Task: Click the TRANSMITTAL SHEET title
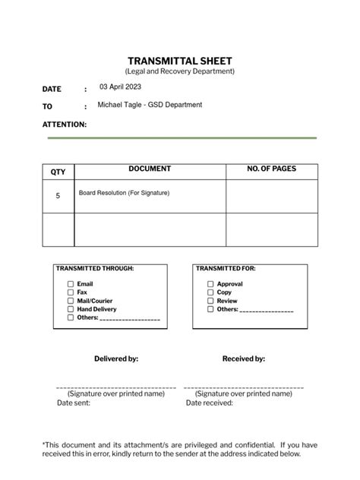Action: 180,61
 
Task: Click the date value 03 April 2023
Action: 120,87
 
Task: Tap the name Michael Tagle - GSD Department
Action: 150,105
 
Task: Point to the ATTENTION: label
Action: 65,124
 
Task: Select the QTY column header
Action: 58,172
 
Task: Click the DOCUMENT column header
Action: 150,169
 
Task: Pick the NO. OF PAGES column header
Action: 272,169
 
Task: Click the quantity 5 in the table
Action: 58,196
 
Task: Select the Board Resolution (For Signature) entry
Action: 124,193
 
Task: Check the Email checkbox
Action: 71,284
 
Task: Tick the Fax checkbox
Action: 71,292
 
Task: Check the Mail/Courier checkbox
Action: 71,301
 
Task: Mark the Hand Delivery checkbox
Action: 71,309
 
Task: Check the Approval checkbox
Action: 210,284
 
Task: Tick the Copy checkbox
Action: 210,292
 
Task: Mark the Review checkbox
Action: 210,301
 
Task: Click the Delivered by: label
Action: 116,358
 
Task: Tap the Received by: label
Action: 243,358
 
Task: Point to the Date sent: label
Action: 74,403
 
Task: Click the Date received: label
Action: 209,403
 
